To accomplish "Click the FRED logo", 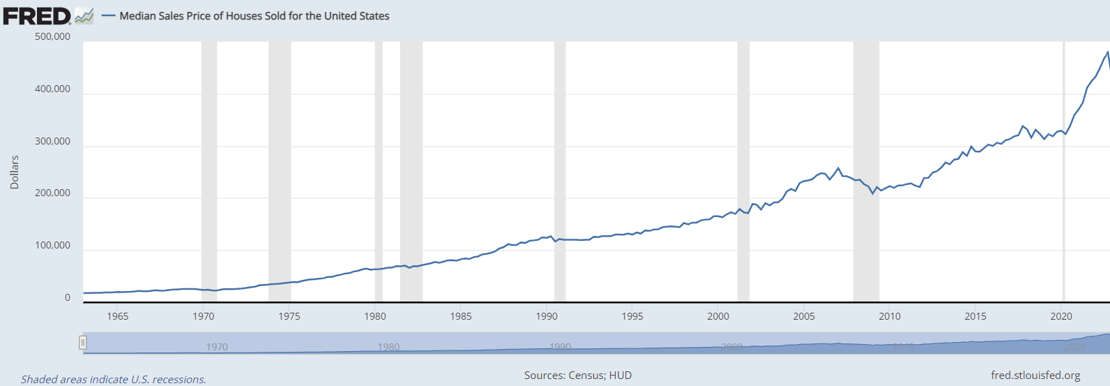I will click(x=37, y=15).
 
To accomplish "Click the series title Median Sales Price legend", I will click(x=254, y=16).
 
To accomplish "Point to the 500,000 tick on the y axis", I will click(x=52, y=37).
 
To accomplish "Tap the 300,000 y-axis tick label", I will click(x=52, y=141).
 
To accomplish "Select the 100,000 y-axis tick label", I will click(x=52, y=246).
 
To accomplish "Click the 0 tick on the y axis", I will click(x=67, y=297).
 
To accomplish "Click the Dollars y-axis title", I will click(x=15, y=172).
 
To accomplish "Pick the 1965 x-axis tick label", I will click(x=117, y=316).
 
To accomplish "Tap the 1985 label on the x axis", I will click(x=461, y=316).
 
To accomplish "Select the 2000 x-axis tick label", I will click(x=718, y=316).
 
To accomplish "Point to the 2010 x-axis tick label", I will click(x=890, y=316).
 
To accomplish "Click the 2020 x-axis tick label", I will click(x=1061, y=316).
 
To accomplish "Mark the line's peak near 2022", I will click(x=1107, y=52).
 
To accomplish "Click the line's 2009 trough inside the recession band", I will click(x=872, y=193).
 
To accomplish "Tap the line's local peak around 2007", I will click(x=838, y=168).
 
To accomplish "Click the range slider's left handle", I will click(x=83, y=343).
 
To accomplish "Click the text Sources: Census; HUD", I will click(x=578, y=376).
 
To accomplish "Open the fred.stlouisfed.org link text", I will click(x=1035, y=376).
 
